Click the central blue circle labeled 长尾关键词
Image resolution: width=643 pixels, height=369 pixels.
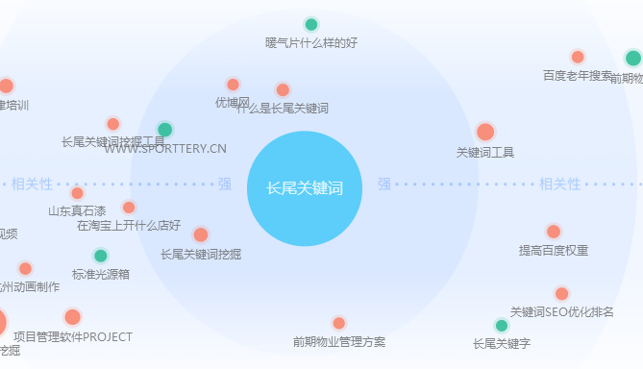point(305,187)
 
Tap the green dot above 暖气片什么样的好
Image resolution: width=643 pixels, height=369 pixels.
point(311,25)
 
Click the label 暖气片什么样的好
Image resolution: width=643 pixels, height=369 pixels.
point(310,43)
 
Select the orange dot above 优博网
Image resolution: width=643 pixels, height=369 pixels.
point(233,85)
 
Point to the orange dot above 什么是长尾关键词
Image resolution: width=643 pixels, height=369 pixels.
point(283,90)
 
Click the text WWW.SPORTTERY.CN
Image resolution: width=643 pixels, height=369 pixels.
point(165,149)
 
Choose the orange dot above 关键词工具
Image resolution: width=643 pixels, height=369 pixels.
point(485,132)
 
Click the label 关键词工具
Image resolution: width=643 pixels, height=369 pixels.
point(485,152)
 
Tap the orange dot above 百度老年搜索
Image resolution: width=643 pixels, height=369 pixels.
point(578,57)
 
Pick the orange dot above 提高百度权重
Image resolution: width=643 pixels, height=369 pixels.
point(554,232)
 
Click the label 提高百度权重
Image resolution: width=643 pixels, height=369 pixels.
point(554,251)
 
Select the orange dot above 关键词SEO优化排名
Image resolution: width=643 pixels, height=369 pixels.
point(562,293)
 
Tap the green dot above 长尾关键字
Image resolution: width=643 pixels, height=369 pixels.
point(502,326)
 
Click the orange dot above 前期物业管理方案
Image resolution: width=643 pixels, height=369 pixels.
point(338,323)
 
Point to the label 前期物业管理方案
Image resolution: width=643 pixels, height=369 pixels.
point(339,341)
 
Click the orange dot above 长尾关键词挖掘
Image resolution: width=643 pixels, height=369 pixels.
point(201,234)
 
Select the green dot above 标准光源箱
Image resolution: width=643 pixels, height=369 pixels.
point(101,256)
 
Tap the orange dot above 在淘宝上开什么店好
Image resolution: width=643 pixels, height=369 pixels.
point(129,208)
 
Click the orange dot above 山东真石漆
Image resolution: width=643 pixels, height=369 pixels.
point(78,193)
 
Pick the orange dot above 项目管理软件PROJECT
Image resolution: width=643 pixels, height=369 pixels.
point(73,317)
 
